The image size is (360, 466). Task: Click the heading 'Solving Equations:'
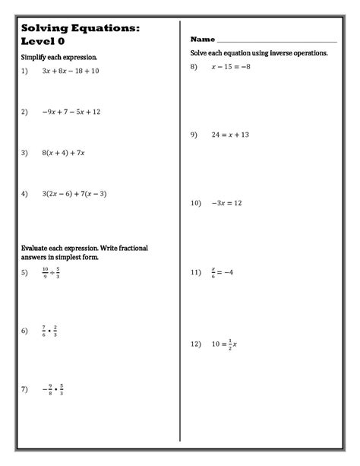point(81,27)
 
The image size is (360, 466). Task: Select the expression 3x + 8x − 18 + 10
point(71,71)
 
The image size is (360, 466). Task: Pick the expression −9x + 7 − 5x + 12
point(71,112)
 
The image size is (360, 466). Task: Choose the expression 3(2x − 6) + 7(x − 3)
point(74,194)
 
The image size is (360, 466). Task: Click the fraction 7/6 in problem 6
point(45,331)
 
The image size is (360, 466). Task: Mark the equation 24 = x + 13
point(230,135)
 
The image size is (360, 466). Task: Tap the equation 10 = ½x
point(226,344)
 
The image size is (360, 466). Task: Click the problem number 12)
point(197,344)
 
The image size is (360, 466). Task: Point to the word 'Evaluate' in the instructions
point(36,249)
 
